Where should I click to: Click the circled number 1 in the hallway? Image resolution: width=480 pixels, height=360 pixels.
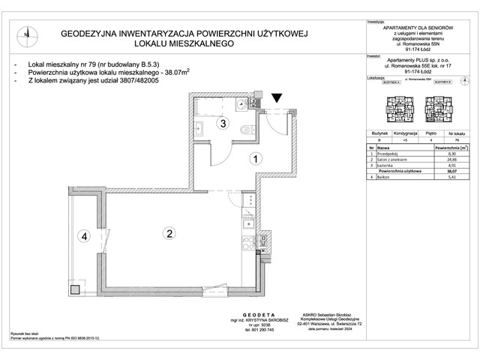255,159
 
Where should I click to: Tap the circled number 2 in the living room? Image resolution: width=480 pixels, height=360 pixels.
170,234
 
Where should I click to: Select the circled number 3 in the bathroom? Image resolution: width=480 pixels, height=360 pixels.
222,124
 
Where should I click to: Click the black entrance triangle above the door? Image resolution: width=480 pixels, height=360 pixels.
277,97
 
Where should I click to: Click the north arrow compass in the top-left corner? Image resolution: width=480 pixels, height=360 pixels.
26,32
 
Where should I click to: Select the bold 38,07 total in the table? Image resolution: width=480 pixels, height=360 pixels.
451,172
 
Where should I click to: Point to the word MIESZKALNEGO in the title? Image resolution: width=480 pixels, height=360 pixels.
196,45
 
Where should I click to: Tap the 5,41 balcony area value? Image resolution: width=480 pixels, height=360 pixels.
451,177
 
